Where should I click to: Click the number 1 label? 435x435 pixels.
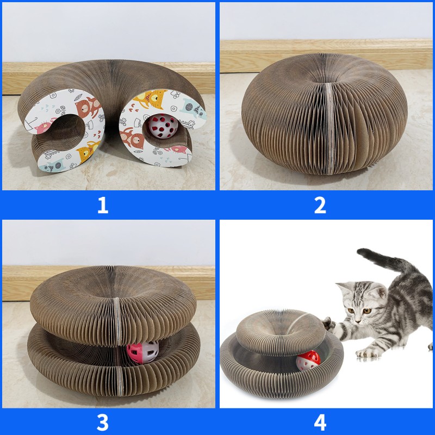(x=102, y=205)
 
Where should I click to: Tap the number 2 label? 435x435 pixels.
(x=320, y=205)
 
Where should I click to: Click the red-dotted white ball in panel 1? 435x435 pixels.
(x=164, y=127)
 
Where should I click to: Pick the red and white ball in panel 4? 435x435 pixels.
(x=308, y=360)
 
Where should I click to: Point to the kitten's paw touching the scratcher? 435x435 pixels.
(x=329, y=324)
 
